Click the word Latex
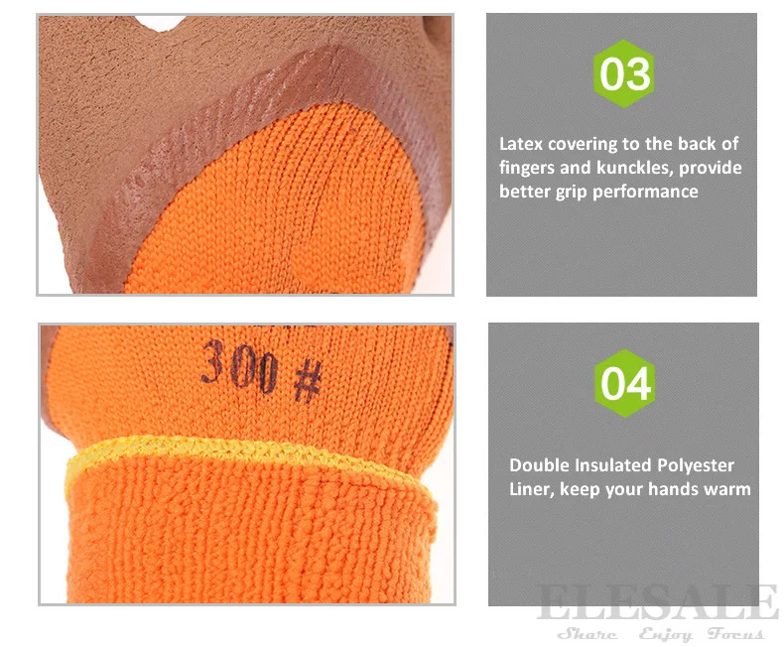522,144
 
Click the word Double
539,464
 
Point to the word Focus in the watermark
736,634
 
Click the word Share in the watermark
587,634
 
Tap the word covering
589,145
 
